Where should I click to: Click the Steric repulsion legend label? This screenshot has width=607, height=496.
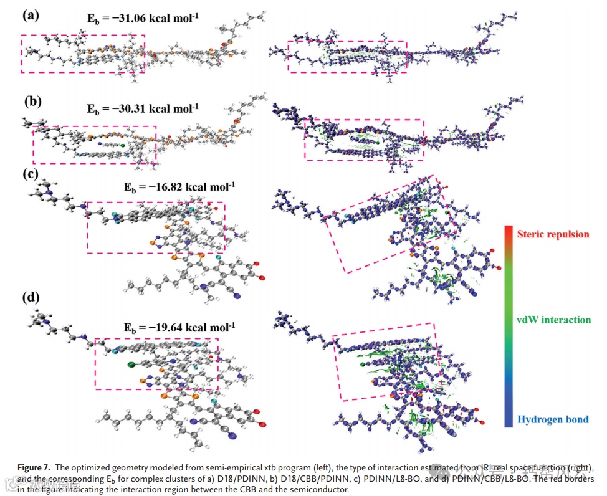[x=553, y=235]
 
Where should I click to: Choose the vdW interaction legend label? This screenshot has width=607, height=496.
[x=553, y=320]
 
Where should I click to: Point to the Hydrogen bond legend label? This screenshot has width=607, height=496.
[x=552, y=419]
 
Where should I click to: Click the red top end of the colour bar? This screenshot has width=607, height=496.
[x=509, y=229]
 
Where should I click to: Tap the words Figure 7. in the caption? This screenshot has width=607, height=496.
[x=34, y=467]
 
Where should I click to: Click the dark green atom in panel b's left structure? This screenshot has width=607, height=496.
[x=123, y=146]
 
